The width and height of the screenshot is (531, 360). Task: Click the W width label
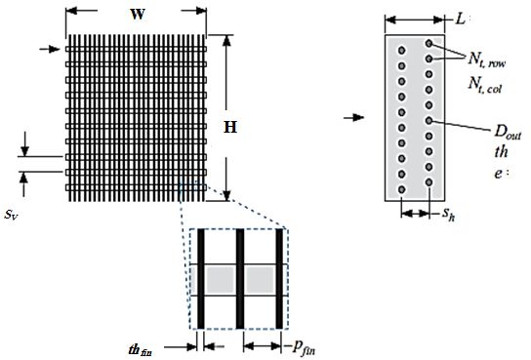[x=138, y=15]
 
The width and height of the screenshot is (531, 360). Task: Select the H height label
[x=230, y=127]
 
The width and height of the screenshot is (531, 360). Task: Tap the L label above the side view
[x=460, y=20]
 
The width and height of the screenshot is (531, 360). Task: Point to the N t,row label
[x=487, y=60]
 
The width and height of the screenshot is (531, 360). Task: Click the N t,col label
[x=485, y=85]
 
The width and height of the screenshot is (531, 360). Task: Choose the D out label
[x=508, y=133]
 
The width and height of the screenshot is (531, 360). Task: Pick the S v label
[x=11, y=215]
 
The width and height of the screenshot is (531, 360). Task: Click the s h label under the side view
[x=448, y=215]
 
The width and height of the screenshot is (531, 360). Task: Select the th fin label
[x=141, y=350]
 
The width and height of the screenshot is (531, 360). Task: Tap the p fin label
[x=304, y=347]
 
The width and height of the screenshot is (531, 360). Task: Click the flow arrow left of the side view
[x=354, y=118]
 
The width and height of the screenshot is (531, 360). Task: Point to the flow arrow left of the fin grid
[x=50, y=49]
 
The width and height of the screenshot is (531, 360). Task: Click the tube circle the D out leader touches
[x=429, y=120]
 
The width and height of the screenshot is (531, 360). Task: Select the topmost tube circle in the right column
[x=429, y=43]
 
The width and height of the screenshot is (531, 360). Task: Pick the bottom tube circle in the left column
[x=401, y=189]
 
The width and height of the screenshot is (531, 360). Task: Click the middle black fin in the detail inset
[x=240, y=279]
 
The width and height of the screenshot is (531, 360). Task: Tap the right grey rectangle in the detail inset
[x=260, y=280]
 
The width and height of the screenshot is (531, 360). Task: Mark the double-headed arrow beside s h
[x=415, y=214]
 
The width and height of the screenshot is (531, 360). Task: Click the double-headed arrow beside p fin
[x=263, y=346]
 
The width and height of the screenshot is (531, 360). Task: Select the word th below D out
[x=501, y=152]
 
